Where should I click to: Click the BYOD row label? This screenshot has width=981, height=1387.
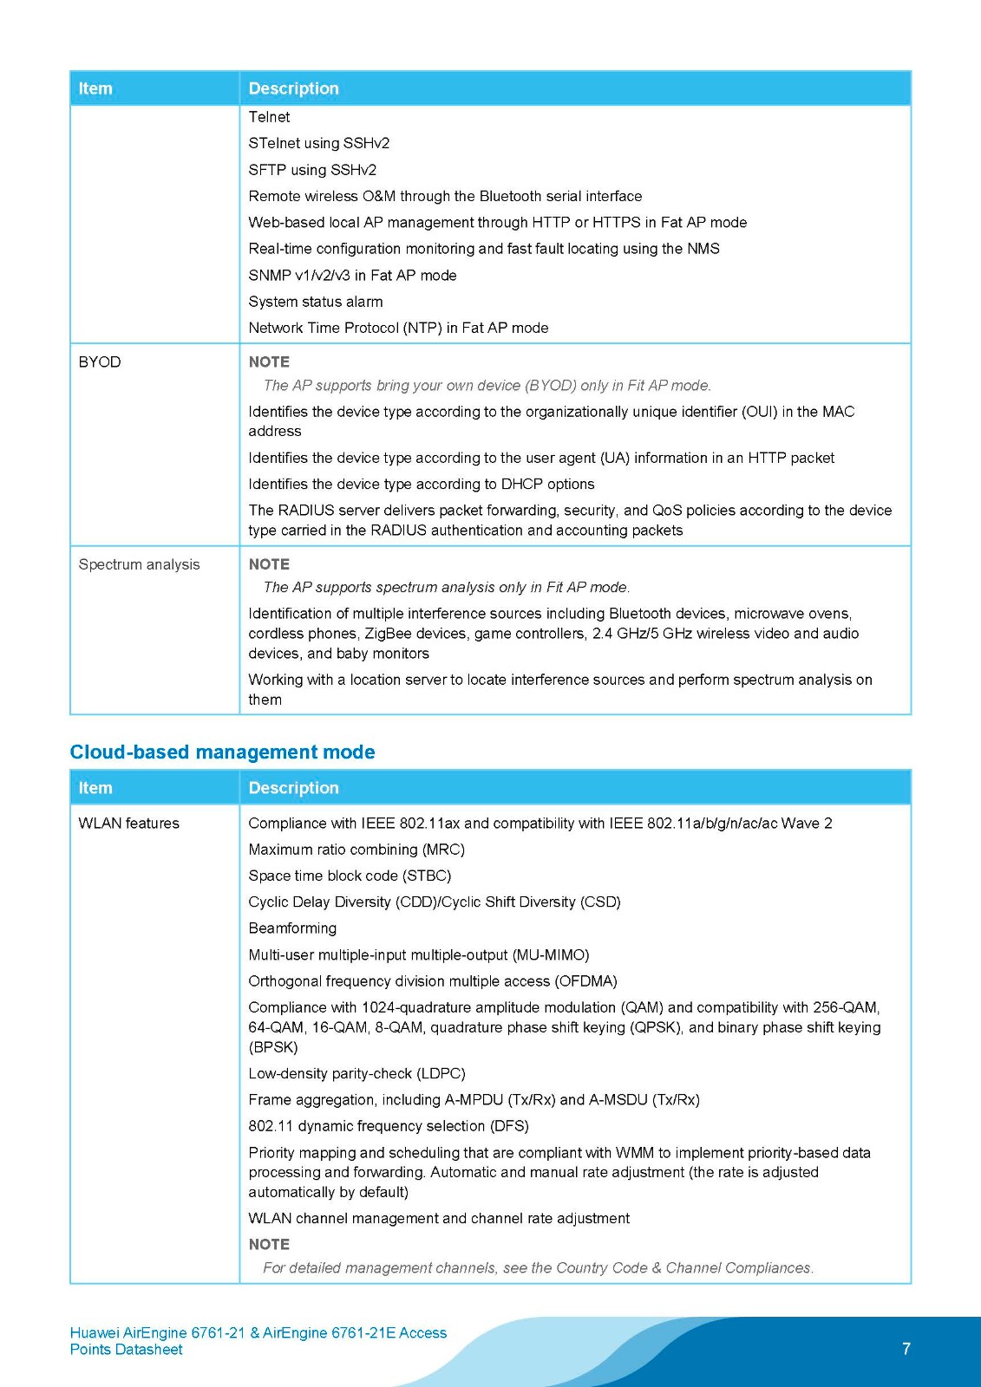click(x=100, y=362)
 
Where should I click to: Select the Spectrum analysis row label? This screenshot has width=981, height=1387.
click(x=139, y=564)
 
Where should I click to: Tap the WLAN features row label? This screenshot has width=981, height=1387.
click(x=128, y=823)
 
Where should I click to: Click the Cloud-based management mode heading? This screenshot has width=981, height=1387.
click(x=222, y=752)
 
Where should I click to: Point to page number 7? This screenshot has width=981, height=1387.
click(x=906, y=1349)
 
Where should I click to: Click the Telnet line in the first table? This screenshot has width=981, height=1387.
click(x=269, y=117)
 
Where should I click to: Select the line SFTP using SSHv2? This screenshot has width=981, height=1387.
click(x=312, y=170)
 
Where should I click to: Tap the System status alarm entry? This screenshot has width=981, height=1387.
click(x=316, y=302)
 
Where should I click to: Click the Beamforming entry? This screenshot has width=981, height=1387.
click(x=292, y=928)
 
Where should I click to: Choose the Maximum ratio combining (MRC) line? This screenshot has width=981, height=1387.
click(x=356, y=850)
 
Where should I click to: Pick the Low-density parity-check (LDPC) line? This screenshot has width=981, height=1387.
click(x=356, y=1073)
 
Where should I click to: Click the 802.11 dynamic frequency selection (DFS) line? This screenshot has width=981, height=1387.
click(x=389, y=1126)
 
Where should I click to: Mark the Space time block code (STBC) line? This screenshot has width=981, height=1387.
click(x=350, y=876)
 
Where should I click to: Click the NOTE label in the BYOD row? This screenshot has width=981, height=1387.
click(x=269, y=362)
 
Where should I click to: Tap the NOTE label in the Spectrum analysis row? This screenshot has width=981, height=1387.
click(x=269, y=564)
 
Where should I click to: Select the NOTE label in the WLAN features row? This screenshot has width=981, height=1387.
click(x=269, y=1245)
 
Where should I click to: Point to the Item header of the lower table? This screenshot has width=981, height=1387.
click(x=95, y=788)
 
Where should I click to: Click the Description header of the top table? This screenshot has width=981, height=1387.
click(x=293, y=88)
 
